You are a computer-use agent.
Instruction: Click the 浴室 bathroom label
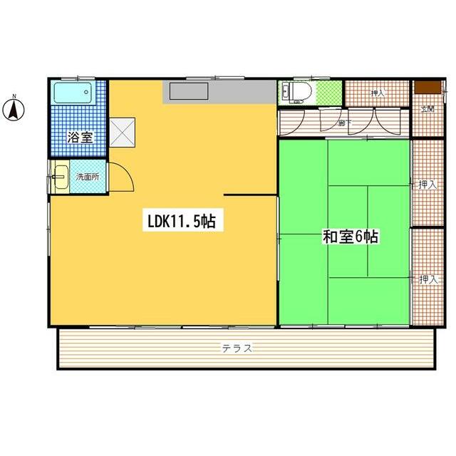(x=79, y=138)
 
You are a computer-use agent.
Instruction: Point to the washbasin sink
(x=59, y=175)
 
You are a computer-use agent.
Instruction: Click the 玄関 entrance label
(x=427, y=109)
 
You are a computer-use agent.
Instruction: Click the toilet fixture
(x=294, y=91)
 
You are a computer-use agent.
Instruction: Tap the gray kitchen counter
(x=220, y=93)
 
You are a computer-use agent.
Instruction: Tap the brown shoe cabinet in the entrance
(x=426, y=87)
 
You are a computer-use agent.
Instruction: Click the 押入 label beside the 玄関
(x=377, y=93)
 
